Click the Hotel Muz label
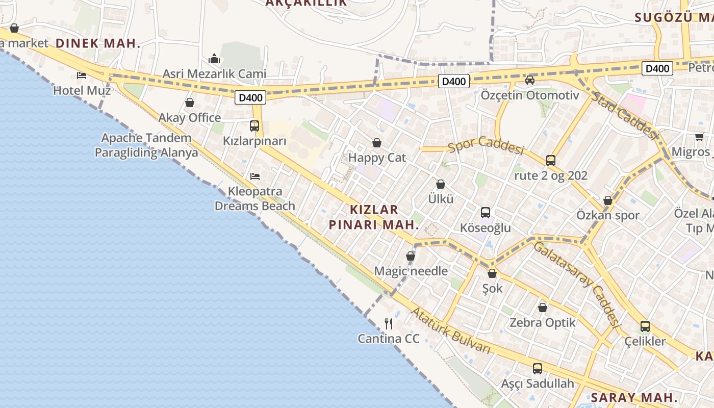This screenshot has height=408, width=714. click(x=82, y=91)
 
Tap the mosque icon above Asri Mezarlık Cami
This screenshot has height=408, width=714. click(x=214, y=59)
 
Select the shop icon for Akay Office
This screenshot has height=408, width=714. click(x=190, y=103)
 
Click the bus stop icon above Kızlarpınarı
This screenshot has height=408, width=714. click(x=254, y=125)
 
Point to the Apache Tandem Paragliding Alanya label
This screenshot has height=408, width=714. click(x=146, y=145)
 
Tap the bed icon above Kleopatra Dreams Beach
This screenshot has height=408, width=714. click(x=255, y=176)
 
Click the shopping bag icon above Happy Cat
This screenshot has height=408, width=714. click(x=377, y=143)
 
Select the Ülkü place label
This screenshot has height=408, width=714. click(x=441, y=199)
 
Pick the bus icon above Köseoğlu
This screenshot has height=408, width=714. click(x=486, y=213)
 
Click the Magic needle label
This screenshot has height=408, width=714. click(x=411, y=271)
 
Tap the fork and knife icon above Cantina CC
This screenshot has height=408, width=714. click(x=389, y=323)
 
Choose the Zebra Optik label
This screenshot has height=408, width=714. click(x=543, y=322)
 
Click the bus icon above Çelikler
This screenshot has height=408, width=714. click(x=645, y=326)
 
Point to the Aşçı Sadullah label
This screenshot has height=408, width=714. click(x=538, y=384)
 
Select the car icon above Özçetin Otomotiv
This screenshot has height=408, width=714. click(x=530, y=80)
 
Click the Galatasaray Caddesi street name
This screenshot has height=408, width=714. click(x=576, y=284)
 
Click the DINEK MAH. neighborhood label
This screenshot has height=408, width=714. click(x=98, y=43)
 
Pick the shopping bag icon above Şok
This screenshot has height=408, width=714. click(x=492, y=274)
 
